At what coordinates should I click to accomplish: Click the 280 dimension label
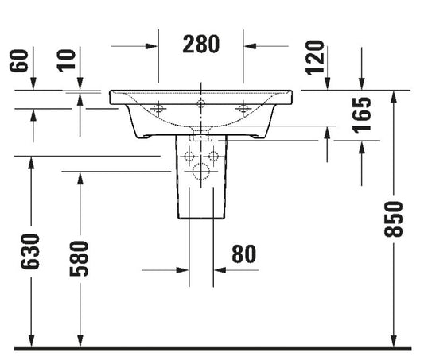coord(201,45)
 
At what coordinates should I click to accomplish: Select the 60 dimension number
coord(19,60)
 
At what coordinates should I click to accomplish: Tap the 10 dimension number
coord(66,60)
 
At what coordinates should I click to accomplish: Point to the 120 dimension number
coord(315,57)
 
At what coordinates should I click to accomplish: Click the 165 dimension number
coord(362,114)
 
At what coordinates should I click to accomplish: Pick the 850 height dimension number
coord(394,219)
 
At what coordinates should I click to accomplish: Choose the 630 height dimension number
coord(30,252)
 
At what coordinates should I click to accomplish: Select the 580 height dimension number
coord(79,259)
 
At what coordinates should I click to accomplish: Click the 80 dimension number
coord(244,254)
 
